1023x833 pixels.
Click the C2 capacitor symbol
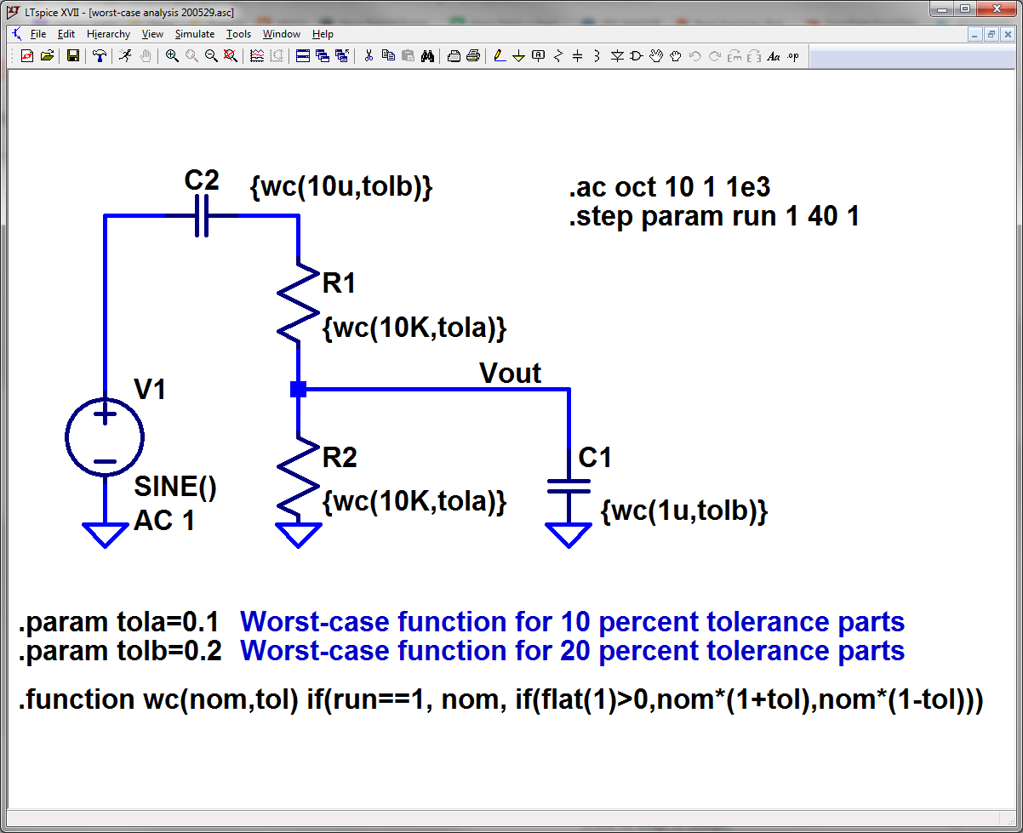(x=201, y=216)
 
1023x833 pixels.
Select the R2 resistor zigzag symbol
(x=298, y=477)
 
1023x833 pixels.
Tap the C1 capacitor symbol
(x=569, y=486)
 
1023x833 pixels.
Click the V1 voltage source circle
(x=105, y=437)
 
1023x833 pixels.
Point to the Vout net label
(x=510, y=373)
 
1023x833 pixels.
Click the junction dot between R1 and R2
(x=298, y=389)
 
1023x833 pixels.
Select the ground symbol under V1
(x=105, y=534)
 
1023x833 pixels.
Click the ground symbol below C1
(x=569, y=534)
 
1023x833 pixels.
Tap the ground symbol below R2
(x=298, y=534)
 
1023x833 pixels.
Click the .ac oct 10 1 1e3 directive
(x=669, y=187)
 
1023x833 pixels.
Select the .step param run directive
(x=713, y=217)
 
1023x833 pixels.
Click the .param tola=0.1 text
(x=119, y=623)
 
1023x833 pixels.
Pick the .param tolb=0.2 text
(x=120, y=652)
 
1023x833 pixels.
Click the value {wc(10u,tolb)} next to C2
(x=340, y=186)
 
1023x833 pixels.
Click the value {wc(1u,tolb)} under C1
(x=684, y=511)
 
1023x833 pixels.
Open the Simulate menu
(x=194, y=34)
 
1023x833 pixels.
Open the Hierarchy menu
(x=108, y=34)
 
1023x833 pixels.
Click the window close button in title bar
(x=995, y=9)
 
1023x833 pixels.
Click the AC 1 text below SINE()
(x=164, y=521)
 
